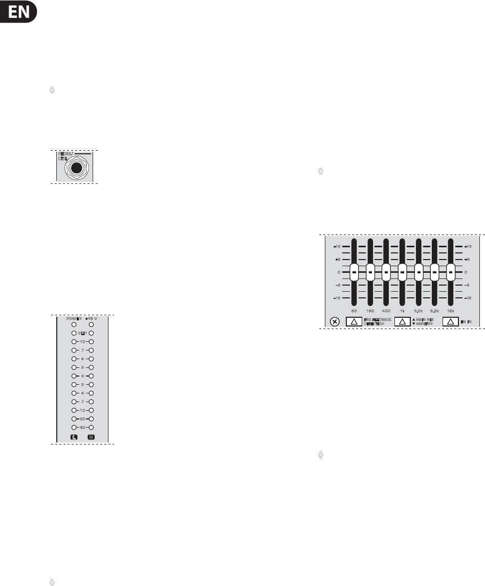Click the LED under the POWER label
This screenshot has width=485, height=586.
[x=74, y=324]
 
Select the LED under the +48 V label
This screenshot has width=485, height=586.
[x=91, y=324]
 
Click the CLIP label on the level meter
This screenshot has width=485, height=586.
[x=82, y=333]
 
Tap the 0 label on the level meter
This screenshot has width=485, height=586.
[x=82, y=376]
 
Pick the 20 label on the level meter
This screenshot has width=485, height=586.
[x=82, y=418]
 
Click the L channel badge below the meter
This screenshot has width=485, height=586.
[x=74, y=437]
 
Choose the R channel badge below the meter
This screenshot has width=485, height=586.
[x=91, y=437]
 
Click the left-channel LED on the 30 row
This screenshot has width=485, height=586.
[x=74, y=427]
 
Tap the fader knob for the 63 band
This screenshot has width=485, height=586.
[x=354, y=272]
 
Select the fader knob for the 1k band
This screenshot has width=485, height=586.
[x=402, y=272]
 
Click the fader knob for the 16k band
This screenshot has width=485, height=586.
[x=451, y=272]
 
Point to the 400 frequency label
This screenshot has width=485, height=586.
[x=386, y=311]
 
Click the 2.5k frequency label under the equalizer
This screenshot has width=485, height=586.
[x=418, y=311]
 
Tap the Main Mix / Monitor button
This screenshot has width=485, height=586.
[x=402, y=322]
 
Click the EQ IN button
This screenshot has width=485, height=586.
[x=450, y=322]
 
